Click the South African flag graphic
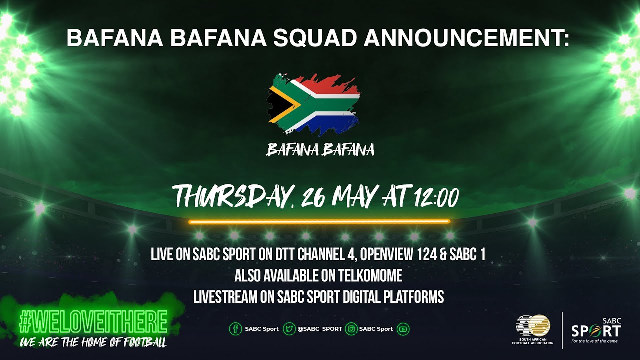point(313,105)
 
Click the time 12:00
point(436,197)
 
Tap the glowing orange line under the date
point(319,221)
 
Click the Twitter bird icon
point(289,329)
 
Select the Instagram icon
point(351,329)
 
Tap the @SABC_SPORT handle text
point(319,329)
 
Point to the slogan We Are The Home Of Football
point(93,343)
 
